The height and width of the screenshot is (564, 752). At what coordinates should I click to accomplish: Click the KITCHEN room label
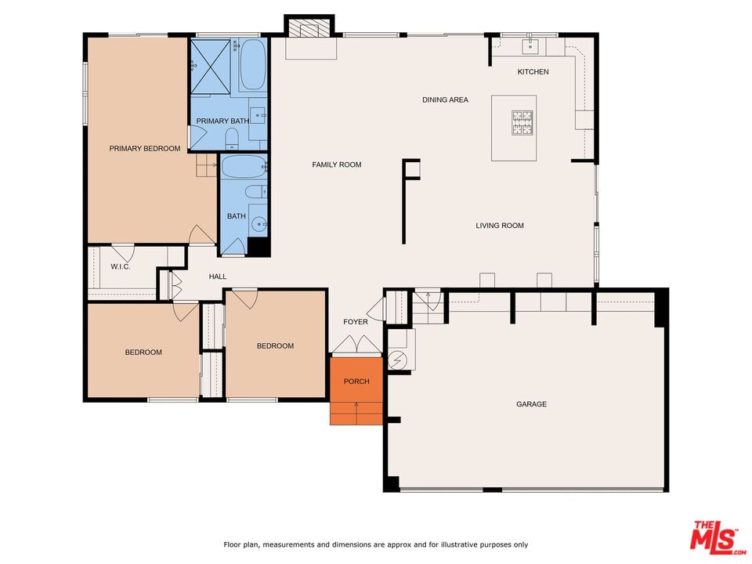click(533, 71)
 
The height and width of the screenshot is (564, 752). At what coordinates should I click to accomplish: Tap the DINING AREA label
click(445, 99)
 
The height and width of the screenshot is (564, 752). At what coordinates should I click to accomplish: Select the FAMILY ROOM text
click(337, 164)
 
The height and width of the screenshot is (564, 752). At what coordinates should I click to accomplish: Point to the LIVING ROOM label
click(500, 226)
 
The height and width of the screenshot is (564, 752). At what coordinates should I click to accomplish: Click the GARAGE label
click(531, 404)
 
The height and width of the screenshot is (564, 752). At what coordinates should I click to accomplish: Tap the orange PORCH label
click(356, 381)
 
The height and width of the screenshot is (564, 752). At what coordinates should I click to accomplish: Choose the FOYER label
click(356, 322)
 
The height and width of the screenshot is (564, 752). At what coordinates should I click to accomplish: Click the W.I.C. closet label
click(121, 266)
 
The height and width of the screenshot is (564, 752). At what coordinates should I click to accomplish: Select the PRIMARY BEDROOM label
click(145, 149)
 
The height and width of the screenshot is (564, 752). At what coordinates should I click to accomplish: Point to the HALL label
click(218, 277)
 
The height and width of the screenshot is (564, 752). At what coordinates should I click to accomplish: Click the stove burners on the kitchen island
click(522, 123)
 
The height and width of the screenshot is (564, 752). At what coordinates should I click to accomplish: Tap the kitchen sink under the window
click(530, 47)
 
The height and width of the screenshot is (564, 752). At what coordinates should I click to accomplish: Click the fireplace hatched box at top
click(310, 29)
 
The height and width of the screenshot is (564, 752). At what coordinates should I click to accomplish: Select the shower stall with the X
click(211, 66)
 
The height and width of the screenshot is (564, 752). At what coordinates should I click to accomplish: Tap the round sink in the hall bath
click(259, 224)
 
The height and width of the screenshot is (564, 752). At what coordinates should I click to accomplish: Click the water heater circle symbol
click(397, 360)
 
